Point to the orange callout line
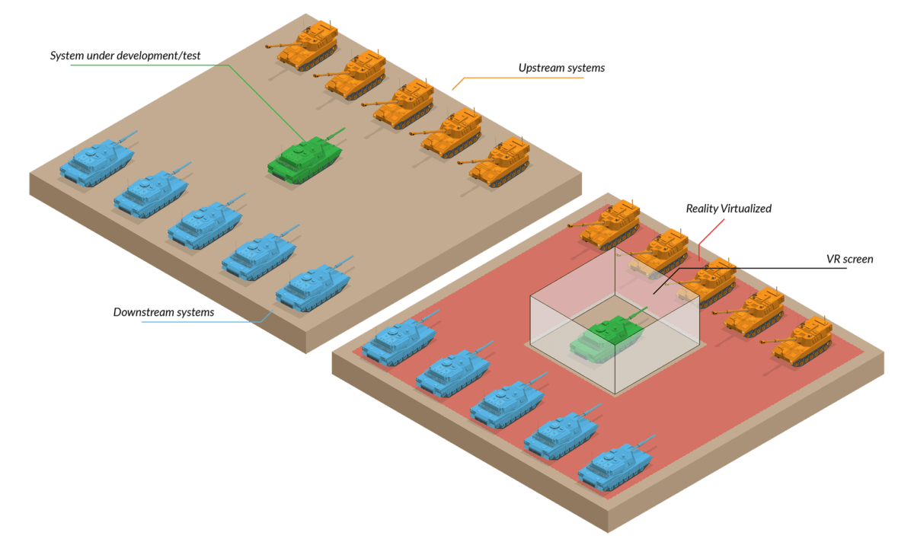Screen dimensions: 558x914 coord(526,78)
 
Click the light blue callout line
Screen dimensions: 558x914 coord(198,322)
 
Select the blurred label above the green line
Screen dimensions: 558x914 coord(126,56)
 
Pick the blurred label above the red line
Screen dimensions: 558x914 coord(728,208)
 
